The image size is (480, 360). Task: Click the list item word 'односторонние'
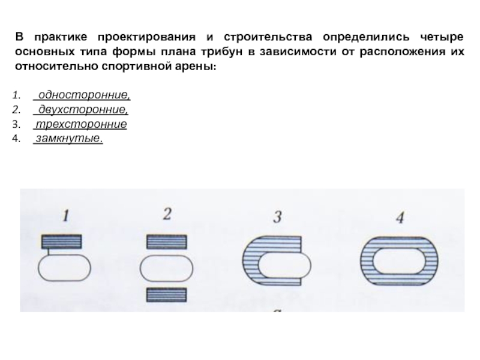pos(83,96)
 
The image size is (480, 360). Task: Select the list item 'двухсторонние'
pos(82,110)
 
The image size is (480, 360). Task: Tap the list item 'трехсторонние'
pos(80,125)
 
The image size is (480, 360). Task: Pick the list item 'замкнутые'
pos(68,139)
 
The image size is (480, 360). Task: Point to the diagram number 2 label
pos(167,214)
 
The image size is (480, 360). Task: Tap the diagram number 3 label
pos(277,216)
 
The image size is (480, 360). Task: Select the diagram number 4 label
pos(400,217)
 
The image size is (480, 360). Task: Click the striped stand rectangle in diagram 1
pos(65,241)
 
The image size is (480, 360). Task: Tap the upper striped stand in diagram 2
pos(167,241)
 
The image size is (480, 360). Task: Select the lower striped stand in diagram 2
pos(167,295)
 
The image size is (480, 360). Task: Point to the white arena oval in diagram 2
pos(167,268)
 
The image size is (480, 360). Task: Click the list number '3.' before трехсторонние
pos(16,125)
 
